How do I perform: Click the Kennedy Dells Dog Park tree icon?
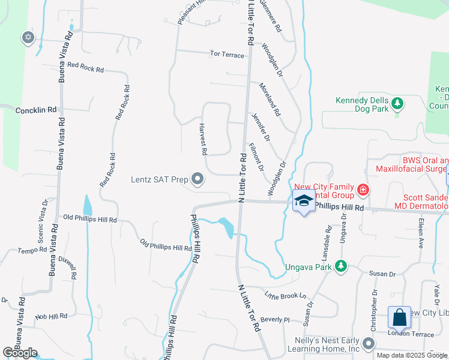click(397, 104)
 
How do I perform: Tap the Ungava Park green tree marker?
click(341, 265)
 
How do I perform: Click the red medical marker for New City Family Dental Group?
click(363, 191)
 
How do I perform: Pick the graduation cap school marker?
click(304, 201)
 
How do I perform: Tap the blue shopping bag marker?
click(399, 317)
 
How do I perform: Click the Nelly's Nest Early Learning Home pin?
click(368, 344)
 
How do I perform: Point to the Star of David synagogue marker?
click(28, 38)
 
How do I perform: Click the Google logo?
click(20, 353)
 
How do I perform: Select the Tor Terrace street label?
click(227, 55)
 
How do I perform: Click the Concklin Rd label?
click(35, 110)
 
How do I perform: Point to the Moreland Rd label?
click(270, 100)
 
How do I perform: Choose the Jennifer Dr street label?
click(261, 127)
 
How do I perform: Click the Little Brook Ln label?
click(286, 295)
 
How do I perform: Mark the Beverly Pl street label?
click(276, 319)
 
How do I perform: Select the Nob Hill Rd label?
click(52, 316)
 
